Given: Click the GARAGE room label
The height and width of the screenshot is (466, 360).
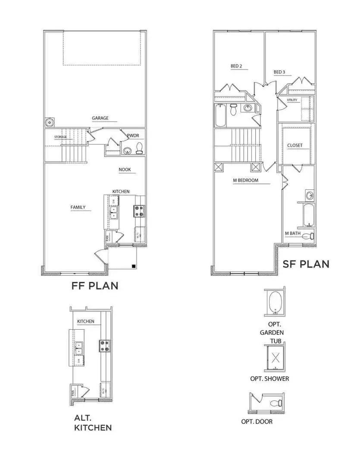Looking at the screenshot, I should tap(100, 118).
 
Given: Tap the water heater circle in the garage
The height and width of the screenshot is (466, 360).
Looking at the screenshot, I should tap(50, 123).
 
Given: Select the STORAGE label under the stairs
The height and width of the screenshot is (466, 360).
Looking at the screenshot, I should tap(61, 137).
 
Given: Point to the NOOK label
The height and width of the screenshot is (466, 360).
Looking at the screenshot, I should tap(125, 170).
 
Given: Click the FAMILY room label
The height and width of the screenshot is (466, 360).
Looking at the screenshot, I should tap(78, 208).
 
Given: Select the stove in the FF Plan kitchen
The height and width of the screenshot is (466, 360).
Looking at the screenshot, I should tap(140, 211).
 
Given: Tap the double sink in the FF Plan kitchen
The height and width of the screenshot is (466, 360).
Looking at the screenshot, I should tap(114, 212).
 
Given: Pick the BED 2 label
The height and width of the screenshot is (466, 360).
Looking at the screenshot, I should tap(236, 66).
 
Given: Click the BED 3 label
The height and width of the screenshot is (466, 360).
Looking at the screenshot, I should tap(279, 72).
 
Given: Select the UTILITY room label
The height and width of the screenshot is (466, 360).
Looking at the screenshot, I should tap(292, 101).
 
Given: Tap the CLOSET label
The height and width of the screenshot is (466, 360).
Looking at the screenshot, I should tap(295, 145).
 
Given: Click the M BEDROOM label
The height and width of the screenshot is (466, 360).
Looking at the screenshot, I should tap(245, 180).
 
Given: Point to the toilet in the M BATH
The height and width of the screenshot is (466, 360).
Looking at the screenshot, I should tap(307, 236).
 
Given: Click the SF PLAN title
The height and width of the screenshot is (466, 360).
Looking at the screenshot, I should tap(306, 264).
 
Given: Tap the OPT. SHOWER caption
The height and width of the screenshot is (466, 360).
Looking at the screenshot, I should tap(269, 379).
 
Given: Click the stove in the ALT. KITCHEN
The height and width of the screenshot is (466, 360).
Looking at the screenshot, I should tap(105, 345).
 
